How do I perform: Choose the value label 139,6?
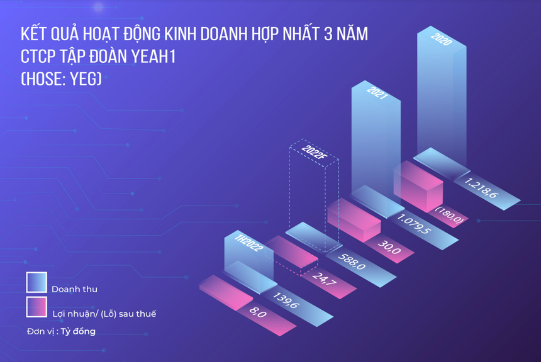(284, 299)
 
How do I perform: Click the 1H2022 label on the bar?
(247, 243)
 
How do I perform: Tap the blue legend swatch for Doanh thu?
(36, 283)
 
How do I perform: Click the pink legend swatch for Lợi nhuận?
(36, 307)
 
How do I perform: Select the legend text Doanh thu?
(74, 289)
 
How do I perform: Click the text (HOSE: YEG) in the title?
(61, 79)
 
